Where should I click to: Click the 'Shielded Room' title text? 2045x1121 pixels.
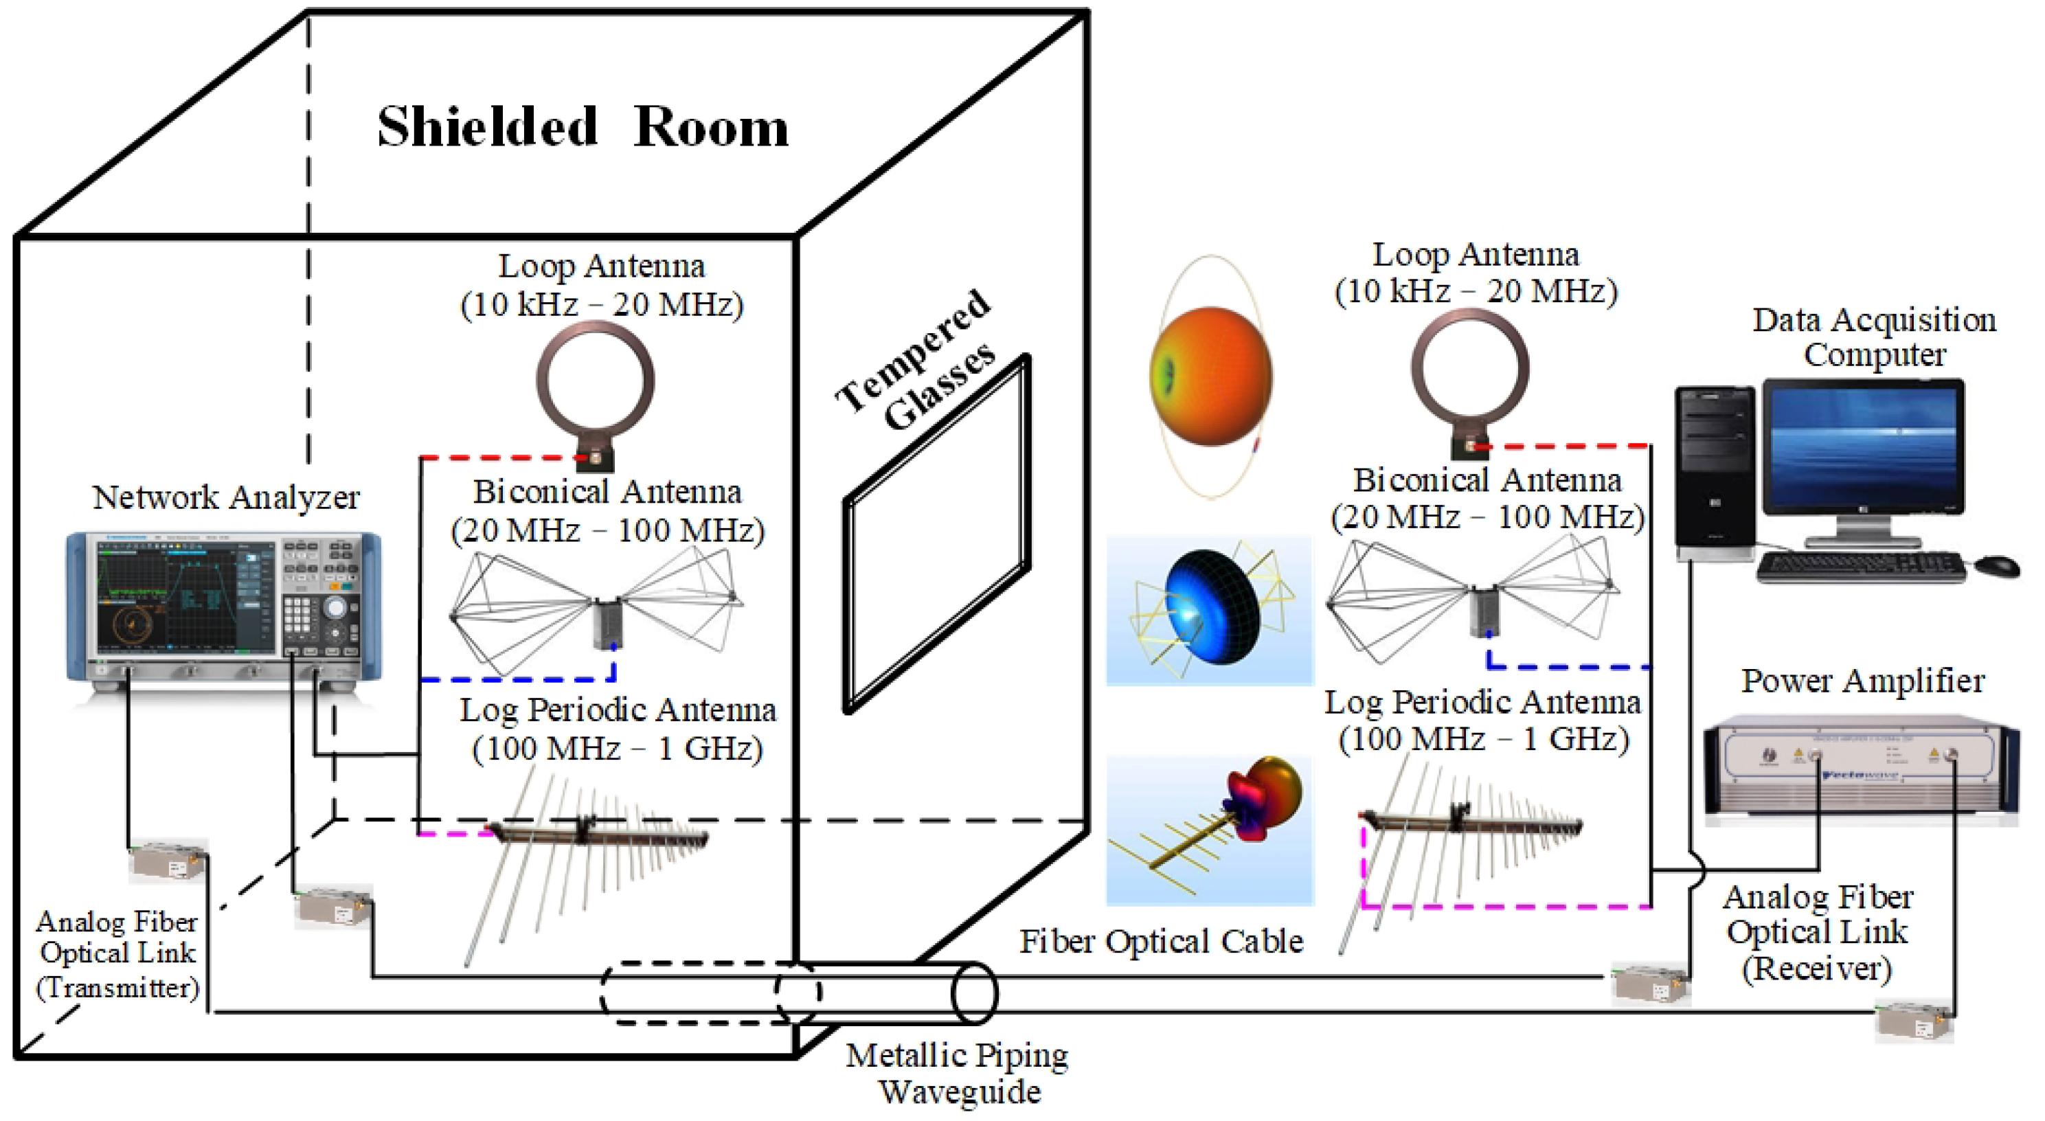583,127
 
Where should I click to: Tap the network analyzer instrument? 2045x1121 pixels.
223,607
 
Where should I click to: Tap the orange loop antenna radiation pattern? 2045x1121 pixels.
1210,376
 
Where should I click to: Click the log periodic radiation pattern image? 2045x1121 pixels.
1210,830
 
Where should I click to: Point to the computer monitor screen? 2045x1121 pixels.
1862,448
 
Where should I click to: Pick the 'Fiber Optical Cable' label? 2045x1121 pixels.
1161,942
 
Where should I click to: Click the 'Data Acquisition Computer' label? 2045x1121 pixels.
1873,337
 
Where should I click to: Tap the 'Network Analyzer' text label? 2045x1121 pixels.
226,498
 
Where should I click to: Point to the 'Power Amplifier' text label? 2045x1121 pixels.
1862,681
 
